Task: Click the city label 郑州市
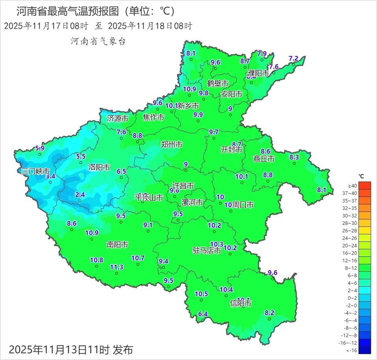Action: [x=172, y=145]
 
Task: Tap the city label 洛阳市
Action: [x=99, y=167]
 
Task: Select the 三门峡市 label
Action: [x=35, y=171]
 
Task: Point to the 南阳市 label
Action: [x=117, y=245]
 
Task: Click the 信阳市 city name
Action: [x=240, y=303]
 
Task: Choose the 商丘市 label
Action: [x=264, y=159]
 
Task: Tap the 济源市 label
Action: [x=117, y=119]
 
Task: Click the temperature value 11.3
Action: [x=117, y=267]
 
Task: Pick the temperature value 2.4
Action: [x=80, y=195]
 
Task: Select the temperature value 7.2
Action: [x=293, y=58]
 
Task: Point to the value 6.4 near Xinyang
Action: [x=203, y=314]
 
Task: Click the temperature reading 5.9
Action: [x=40, y=148]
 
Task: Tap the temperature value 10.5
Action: [x=201, y=294]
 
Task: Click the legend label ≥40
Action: [x=353, y=186]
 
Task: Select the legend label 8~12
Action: [x=352, y=268]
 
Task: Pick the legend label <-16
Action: [x=352, y=350]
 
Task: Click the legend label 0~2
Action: [x=352, y=298]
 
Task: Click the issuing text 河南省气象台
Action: [x=98, y=41]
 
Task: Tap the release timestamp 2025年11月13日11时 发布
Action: [x=71, y=349]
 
